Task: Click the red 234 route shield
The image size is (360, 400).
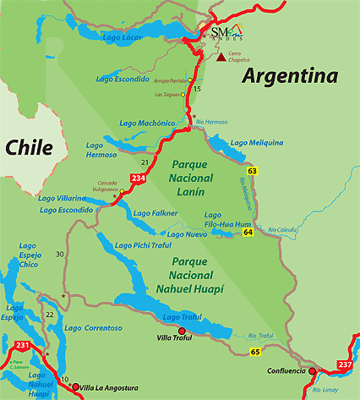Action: point(138,178)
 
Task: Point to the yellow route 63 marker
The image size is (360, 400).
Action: point(252,172)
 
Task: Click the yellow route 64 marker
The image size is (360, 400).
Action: point(248,232)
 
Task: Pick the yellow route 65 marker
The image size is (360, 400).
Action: point(255,350)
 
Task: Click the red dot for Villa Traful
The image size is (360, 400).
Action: point(181,331)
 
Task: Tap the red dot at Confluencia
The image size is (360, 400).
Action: point(312,370)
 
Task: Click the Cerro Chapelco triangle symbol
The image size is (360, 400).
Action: point(221,58)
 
